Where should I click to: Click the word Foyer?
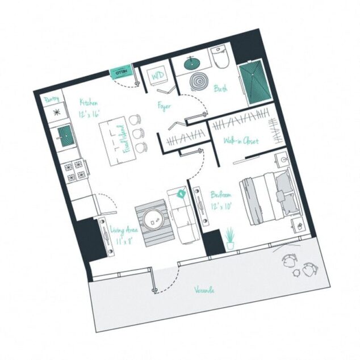(165, 106)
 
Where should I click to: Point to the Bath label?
(221, 89)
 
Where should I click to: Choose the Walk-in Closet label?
(241, 140)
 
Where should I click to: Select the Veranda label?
(203, 291)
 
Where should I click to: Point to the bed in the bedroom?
(266, 194)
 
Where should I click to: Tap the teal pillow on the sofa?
(181, 194)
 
